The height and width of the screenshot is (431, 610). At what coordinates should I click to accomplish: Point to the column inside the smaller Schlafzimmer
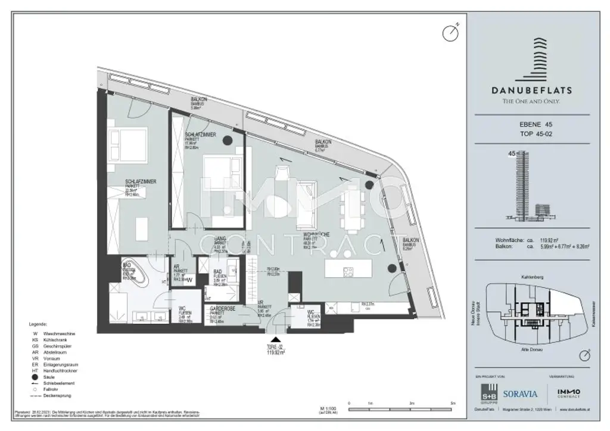click(228, 141)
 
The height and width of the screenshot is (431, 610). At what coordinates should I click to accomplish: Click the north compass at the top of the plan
click(450, 32)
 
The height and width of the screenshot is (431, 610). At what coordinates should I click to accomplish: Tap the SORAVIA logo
click(520, 393)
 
